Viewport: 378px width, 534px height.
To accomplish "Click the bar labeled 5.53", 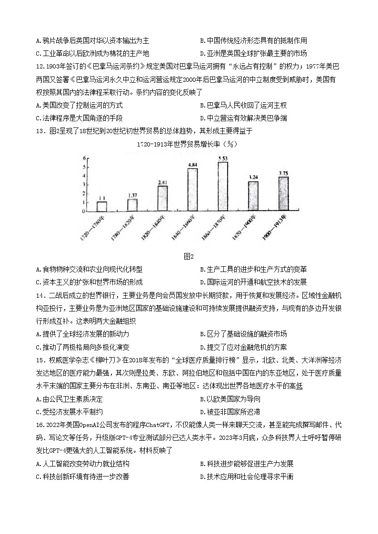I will pyautogui.click(x=222, y=186).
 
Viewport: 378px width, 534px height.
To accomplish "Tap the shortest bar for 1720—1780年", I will pyautogui.click(x=102, y=206).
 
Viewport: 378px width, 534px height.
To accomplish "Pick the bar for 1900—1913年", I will pyautogui.click(x=283, y=194).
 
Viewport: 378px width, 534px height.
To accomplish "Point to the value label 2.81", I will pyautogui.click(x=163, y=182).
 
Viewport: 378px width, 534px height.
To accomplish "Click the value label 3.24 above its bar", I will pyautogui.click(x=253, y=177).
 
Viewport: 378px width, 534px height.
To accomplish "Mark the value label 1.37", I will pyautogui.click(x=132, y=195).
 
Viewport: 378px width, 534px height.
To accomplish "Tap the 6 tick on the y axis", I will pyautogui.click(x=84, y=158).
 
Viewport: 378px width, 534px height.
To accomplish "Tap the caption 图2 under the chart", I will pyautogui.click(x=189, y=257).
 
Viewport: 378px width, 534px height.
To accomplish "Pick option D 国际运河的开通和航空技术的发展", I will pyautogui.click(x=253, y=282).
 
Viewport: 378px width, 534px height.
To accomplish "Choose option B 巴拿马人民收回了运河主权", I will pyautogui.click(x=243, y=105).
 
